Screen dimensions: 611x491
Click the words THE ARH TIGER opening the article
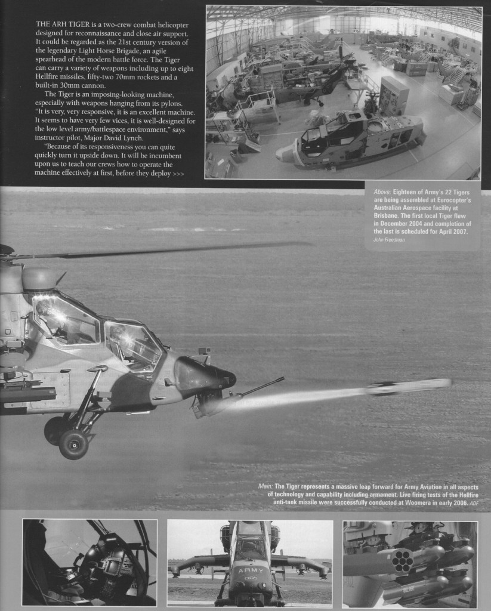click(x=58, y=24)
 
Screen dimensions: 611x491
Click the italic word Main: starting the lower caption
click(x=265, y=487)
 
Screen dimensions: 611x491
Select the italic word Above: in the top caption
click(x=382, y=192)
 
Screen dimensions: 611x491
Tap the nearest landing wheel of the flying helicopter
click(x=74, y=445)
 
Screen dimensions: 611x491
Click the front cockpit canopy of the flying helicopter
click(x=132, y=345)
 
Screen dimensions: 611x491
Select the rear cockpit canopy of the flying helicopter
click(x=66, y=319)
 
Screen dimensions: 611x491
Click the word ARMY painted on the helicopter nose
click(x=250, y=571)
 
